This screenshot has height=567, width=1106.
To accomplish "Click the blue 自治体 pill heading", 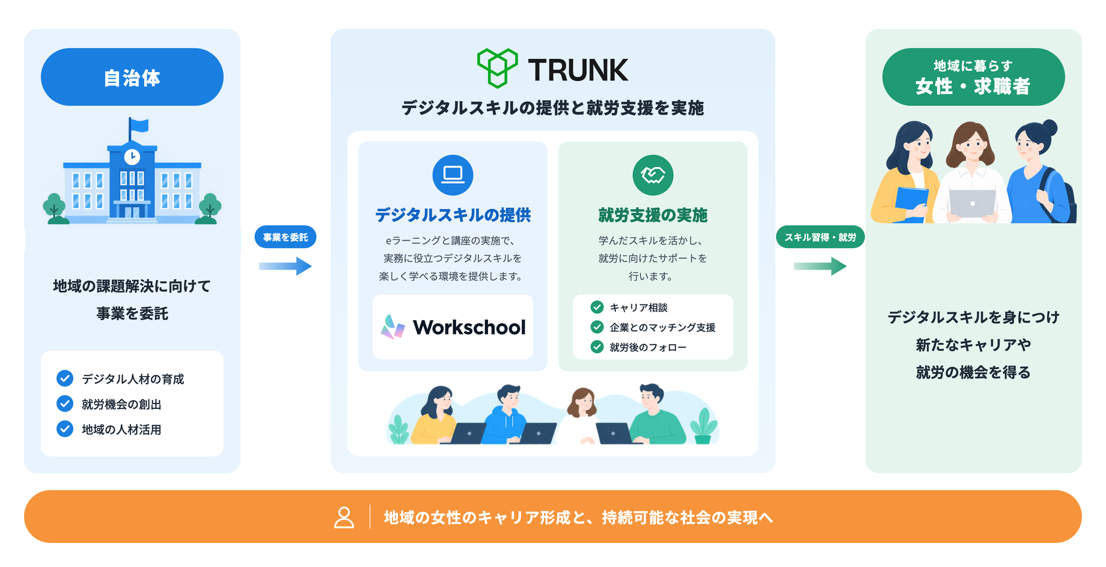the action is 132,77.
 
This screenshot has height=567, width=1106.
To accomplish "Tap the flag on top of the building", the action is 139,126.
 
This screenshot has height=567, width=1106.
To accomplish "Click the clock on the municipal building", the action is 132,157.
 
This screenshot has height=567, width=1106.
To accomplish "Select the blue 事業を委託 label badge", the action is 286,237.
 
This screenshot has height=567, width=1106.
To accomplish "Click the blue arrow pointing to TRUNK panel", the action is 286,266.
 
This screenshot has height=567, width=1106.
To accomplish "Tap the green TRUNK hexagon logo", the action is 497,68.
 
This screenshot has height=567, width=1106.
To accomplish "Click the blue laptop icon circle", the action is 453,175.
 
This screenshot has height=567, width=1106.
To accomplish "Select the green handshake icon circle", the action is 653,175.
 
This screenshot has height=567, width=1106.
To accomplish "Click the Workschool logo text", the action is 469,327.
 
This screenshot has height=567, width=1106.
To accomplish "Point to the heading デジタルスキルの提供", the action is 453,215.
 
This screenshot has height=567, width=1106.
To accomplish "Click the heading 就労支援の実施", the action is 653,215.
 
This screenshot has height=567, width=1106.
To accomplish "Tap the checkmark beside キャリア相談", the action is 597,308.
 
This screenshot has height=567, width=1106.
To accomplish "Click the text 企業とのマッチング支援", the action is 662,327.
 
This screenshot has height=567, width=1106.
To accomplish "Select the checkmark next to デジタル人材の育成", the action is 65,378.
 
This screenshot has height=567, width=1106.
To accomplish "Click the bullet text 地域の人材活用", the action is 121,429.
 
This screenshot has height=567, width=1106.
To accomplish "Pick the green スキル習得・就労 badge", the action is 820,237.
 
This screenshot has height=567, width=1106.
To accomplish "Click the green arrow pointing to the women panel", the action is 820,266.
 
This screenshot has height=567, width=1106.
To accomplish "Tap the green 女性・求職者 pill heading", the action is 974,77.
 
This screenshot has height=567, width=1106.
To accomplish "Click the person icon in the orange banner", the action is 344,517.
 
